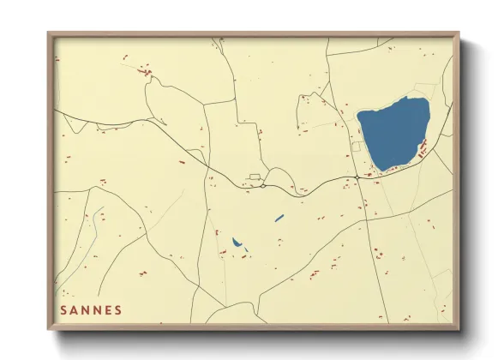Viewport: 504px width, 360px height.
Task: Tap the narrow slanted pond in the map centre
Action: (x=279, y=218)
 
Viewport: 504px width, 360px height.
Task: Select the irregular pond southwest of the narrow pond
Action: (x=237, y=244)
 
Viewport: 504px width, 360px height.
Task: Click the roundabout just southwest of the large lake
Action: (x=357, y=177)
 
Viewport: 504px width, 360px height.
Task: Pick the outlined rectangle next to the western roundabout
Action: (x=254, y=177)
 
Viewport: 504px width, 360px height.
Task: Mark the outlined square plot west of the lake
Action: (x=354, y=147)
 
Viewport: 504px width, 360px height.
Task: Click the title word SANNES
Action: (x=91, y=309)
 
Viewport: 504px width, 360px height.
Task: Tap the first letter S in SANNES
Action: (x=63, y=309)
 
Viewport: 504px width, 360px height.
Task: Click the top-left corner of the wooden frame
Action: (x=49, y=33)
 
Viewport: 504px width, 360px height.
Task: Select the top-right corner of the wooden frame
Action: (x=459, y=33)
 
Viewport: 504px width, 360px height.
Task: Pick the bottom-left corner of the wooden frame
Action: (x=49, y=330)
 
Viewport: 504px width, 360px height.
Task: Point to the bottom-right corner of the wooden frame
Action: (x=459, y=330)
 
